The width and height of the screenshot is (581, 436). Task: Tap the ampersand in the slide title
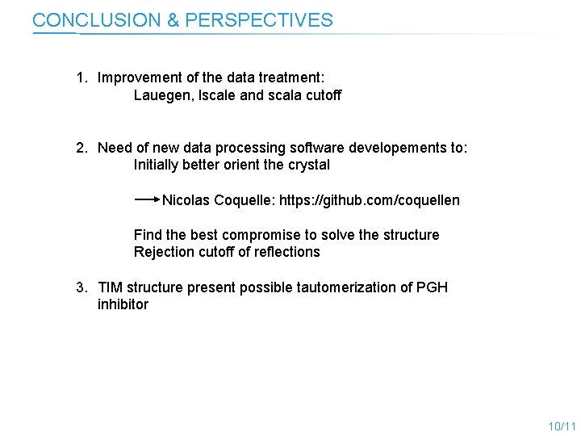click(x=173, y=20)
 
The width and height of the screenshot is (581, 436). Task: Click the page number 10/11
click(x=562, y=426)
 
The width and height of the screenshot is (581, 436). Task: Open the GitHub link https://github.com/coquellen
click(x=370, y=199)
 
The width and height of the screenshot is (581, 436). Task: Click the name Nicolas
click(x=187, y=199)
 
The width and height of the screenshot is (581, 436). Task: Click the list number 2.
click(x=81, y=148)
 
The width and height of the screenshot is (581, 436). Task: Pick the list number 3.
click(x=81, y=287)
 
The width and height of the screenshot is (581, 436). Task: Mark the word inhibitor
click(x=123, y=304)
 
